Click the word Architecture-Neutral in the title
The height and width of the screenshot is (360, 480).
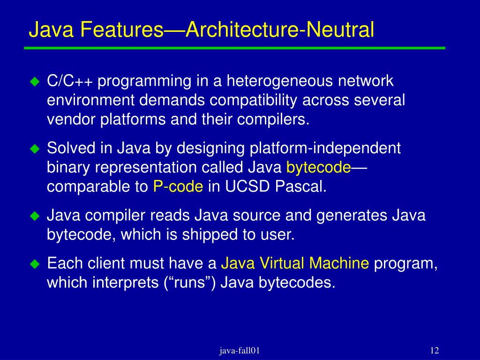point(280,30)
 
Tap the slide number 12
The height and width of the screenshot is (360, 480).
point(434,351)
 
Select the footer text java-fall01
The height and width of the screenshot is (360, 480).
point(240,351)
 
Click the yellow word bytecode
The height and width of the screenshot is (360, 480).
point(318,167)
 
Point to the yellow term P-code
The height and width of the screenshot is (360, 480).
point(178,187)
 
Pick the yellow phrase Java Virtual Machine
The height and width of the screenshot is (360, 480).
point(295,263)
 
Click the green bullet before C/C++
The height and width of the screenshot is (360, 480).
point(34,82)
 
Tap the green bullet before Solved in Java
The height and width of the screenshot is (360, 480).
point(34,149)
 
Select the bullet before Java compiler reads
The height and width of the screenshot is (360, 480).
point(34,217)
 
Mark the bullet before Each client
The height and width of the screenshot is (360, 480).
point(34,264)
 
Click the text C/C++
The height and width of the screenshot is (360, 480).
point(70,81)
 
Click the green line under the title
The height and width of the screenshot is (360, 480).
point(234,48)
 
